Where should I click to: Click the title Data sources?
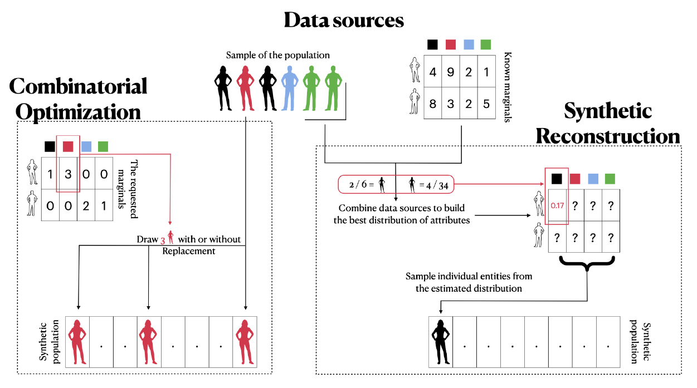344,21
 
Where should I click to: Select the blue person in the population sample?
289,87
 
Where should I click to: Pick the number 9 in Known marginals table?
450,72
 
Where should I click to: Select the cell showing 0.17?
557,205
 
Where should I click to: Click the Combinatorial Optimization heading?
79,99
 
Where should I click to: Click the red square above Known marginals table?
451,44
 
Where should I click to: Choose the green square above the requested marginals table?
103,147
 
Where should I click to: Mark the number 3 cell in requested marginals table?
68,175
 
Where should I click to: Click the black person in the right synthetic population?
441,341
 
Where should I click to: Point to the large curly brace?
587,263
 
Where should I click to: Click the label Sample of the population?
278,55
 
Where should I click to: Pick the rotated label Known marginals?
508,87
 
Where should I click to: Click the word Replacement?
188,251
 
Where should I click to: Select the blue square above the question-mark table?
592,179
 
